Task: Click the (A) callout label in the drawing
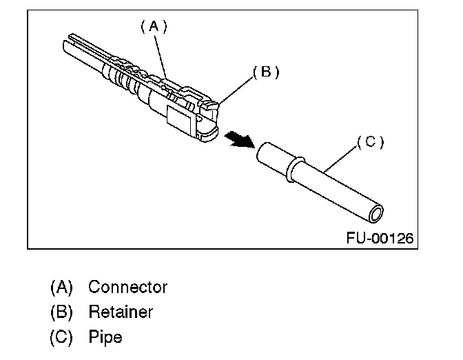(154, 27)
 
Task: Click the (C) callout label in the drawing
(370, 142)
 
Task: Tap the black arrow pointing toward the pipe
(238, 140)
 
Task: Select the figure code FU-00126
(380, 239)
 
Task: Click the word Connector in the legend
(127, 286)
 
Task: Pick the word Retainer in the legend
(121, 312)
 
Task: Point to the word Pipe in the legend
(105, 337)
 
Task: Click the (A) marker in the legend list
(61, 286)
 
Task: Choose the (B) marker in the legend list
(61, 312)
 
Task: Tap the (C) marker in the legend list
(61, 337)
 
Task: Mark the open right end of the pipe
(375, 213)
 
